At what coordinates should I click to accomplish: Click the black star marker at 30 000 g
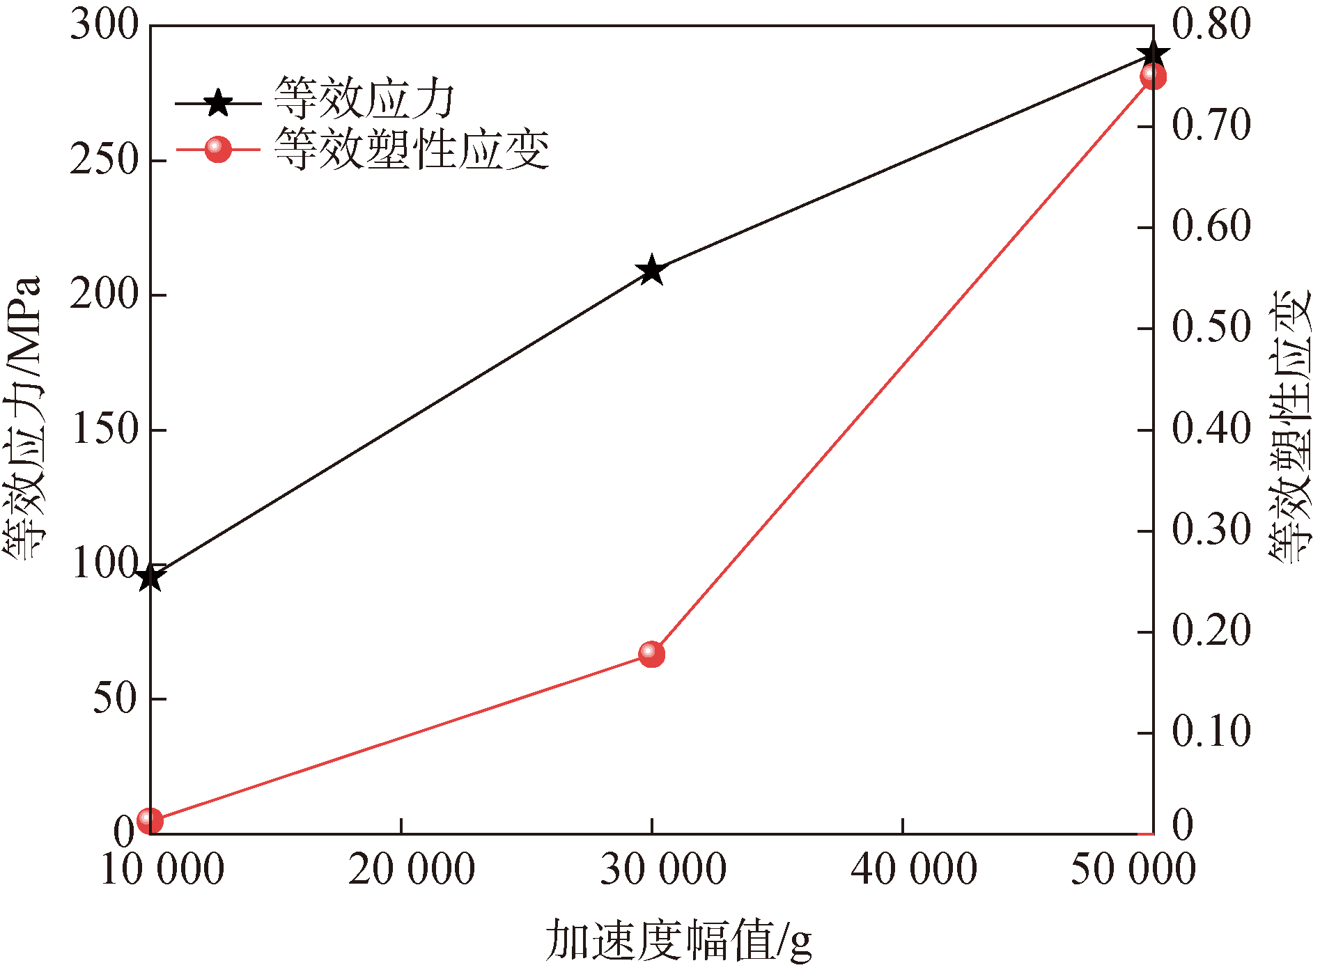coord(652,270)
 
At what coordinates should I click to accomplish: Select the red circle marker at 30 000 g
coord(652,654)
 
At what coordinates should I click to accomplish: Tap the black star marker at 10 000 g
coord(150,577)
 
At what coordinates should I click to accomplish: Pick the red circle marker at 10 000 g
coord(150,821)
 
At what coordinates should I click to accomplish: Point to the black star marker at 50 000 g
coord(1153,55)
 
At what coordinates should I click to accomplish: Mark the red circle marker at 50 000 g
coord(1153,76)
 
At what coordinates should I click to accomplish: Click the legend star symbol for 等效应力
coord(218,103)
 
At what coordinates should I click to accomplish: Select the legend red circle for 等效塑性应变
coord(218,148)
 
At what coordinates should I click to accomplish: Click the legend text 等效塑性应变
coord(412,149)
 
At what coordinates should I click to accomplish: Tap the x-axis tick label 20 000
coord(412,870)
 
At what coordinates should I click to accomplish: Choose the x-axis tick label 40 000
coord(914,870)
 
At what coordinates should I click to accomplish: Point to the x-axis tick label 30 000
coord(663,870)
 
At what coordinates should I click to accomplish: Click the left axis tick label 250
coord(104,160)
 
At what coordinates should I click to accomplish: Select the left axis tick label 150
coord(104,429)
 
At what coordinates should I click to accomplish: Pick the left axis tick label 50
coord(116,698)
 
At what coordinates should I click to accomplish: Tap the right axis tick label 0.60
coord(1211,227)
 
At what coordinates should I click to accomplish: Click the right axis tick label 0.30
coord(1211,531)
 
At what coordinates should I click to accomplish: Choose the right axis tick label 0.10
coord(1211,733)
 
